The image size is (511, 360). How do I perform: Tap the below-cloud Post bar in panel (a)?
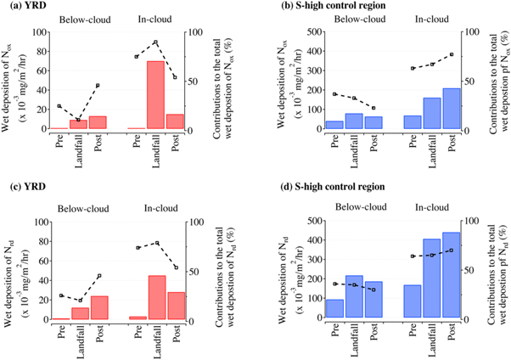pyautogui.click(x=98, y=122)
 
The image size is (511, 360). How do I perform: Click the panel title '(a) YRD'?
pyautogui.click(x=21, y=5)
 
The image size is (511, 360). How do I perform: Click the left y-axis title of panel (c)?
pyautogui.click(x=13, y=271)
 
